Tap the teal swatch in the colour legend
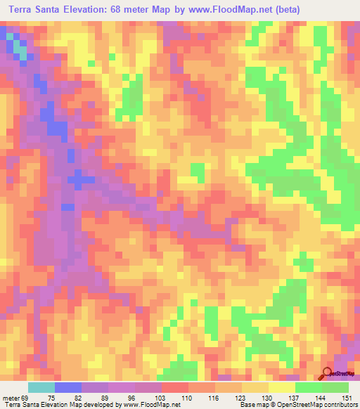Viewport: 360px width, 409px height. click(x=41, y=388)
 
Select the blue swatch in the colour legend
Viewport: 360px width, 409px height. click(x=67, y=388)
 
